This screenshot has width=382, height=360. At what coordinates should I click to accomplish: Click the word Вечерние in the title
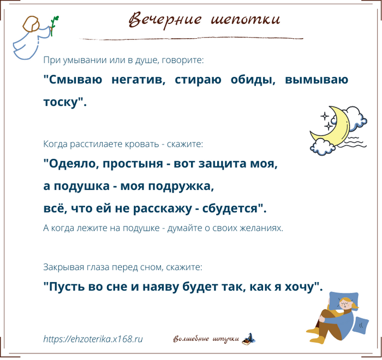pos(165,20)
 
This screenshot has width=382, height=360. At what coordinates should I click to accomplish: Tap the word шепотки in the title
pos(246,20)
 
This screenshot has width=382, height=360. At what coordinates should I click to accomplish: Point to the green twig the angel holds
pos(54,26)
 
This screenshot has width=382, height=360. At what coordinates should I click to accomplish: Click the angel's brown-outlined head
pos(31,23)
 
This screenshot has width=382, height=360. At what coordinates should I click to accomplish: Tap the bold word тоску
pos(62,102)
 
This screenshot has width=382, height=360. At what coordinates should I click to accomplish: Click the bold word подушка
pos(82,187)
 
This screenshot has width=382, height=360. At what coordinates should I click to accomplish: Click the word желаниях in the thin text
pos(261,228)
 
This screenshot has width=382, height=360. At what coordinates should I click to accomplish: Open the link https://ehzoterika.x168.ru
pos(93,339)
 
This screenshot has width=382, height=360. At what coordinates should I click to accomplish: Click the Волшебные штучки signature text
pos(206,339)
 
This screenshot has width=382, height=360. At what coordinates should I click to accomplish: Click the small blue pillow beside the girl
pos(361,325)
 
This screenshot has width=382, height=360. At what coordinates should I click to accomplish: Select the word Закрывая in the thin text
pos(64,267)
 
